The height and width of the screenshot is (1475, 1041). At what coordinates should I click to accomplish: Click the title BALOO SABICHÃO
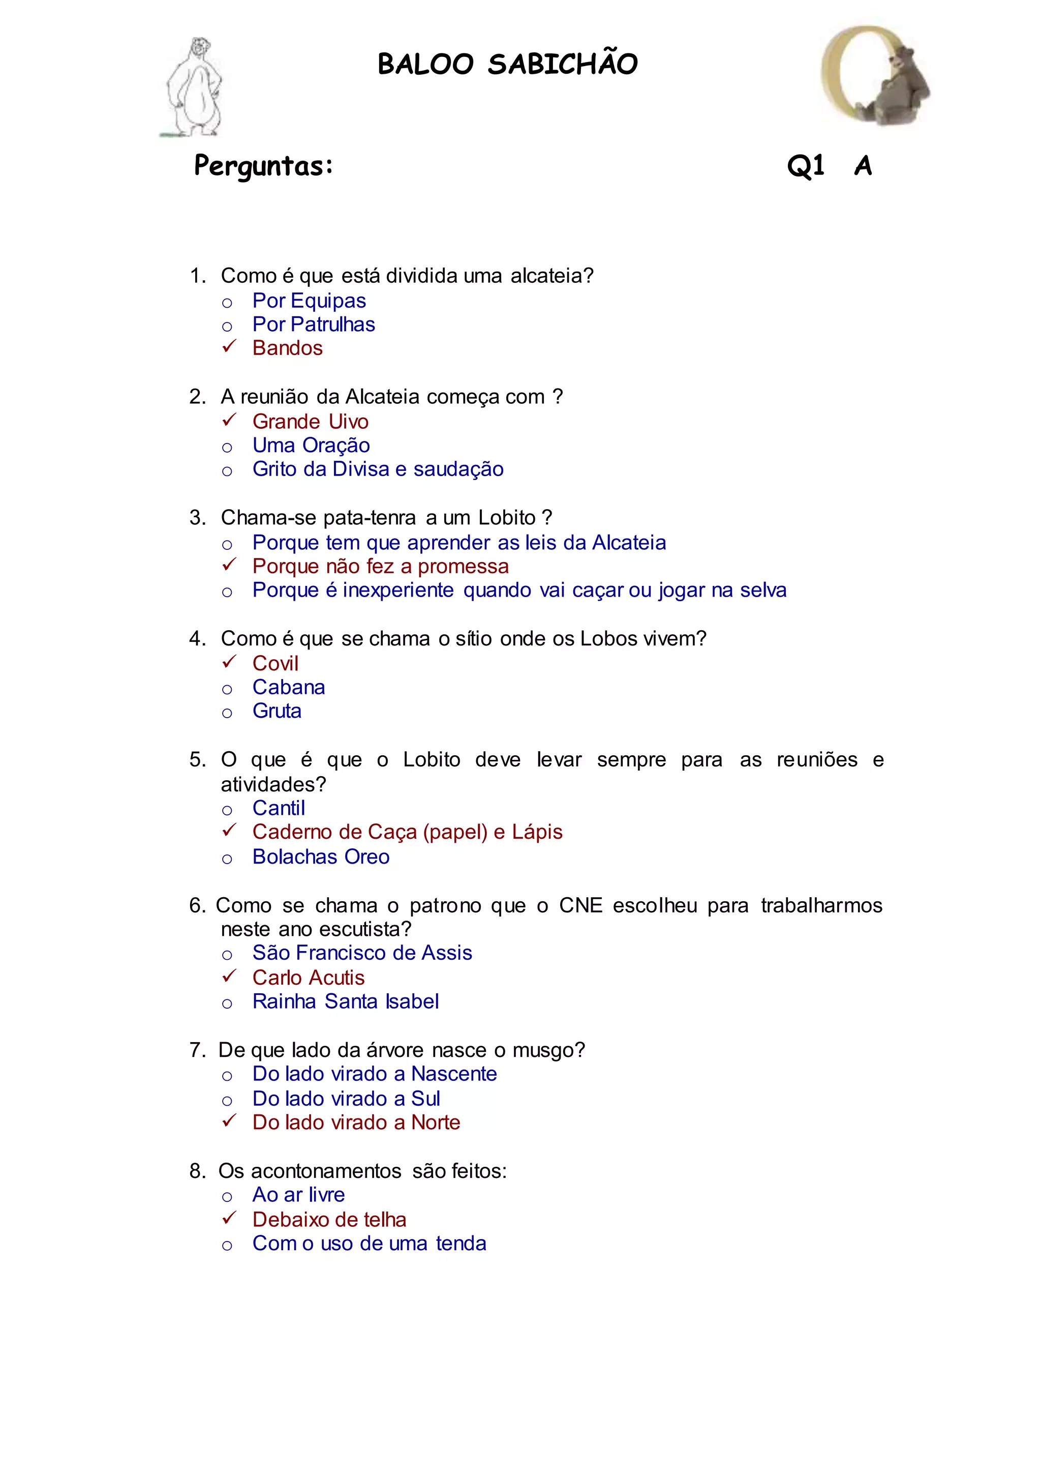[507, 64]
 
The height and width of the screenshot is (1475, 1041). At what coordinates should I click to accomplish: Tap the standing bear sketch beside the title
[195, 87]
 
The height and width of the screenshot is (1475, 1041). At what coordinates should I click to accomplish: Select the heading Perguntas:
[263, 166]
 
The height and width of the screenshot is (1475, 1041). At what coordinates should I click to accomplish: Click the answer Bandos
[287, 348]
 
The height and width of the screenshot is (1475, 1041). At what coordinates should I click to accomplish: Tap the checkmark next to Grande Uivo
[229, 420]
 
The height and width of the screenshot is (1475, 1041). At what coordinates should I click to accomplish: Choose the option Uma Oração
[311, 445]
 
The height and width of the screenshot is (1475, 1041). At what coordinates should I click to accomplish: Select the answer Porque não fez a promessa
[380, 567]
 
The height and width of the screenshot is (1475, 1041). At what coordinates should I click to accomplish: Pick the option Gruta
[277, 711]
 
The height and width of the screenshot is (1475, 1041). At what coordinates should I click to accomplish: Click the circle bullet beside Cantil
[227, 811]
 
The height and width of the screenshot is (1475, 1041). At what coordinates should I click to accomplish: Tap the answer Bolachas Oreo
[320, 857]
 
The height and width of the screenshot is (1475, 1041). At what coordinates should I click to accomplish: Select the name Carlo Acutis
[308, 978]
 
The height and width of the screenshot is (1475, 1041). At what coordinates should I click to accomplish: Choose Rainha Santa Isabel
[346, 1001]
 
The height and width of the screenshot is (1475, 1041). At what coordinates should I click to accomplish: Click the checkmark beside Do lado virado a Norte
[229, 1121]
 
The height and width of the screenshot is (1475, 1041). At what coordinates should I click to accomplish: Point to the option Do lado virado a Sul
[346, 1099]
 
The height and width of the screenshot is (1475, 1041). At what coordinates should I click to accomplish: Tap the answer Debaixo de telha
[329, 1219]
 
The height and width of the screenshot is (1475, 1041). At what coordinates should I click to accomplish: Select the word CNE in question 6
[580, 905]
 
